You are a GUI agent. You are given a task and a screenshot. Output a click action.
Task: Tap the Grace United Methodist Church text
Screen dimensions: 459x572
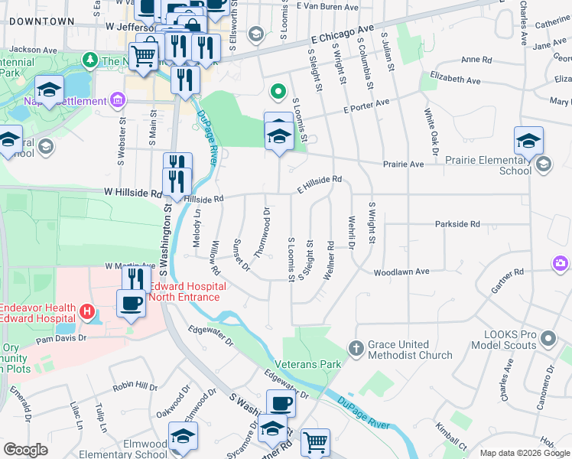tap(409, 350)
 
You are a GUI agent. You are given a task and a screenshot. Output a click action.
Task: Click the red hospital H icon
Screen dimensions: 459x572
tap(88, 311)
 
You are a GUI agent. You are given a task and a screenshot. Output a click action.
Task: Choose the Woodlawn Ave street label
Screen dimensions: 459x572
tap(401, 272)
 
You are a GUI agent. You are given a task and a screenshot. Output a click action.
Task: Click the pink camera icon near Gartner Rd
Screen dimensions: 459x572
tap(561, 264)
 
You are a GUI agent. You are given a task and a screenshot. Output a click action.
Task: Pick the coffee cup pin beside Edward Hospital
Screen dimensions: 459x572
tap(130, 303)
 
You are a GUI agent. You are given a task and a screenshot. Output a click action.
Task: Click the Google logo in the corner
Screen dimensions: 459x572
tap(25, 450)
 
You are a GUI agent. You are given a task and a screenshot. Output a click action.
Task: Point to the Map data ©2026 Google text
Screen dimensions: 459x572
tap(524, 453)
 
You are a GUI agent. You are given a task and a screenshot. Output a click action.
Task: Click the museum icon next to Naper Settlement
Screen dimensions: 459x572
tap(117, 100)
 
